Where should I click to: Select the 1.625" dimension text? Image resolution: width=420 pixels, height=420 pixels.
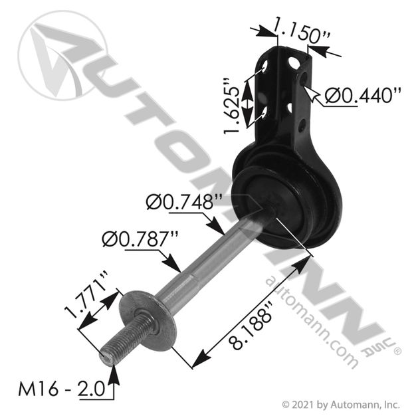pyautogui.click(x=231, y=106)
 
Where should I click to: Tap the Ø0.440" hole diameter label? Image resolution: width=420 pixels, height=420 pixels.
pyautogui.click(x=363, y=95)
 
